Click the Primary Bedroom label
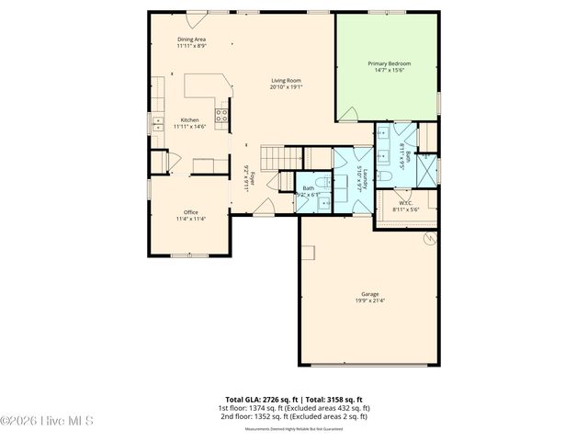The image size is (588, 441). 390,63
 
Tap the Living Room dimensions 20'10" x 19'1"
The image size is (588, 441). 287,87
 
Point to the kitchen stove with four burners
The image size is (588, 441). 221,115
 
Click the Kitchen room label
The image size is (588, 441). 190,120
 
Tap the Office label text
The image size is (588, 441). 191,212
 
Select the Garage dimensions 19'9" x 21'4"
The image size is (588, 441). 370,300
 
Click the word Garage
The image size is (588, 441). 370,294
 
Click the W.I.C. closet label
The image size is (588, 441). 405,204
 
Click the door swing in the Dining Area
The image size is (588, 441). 196,19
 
